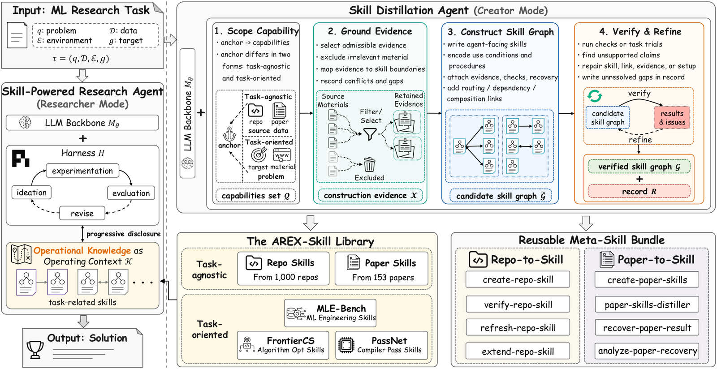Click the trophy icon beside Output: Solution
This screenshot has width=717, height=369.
[x=35, y=350]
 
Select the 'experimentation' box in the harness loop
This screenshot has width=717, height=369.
[x=82, y=171]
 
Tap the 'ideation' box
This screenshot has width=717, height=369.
[x=31, y=193]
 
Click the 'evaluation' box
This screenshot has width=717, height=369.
[x=131, y=193]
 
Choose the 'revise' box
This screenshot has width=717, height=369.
[x=82, y=213]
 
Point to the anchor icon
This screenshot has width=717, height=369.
[x=229, y=134]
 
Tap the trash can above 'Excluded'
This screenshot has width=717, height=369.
[x=369, y=165]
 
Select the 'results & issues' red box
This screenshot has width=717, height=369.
[x=672, y=118]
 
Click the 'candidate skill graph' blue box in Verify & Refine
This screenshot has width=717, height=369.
[x=607, y=118]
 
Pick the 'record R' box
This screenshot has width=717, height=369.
[x=639, y=191]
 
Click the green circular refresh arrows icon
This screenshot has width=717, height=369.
[x=594, y=95]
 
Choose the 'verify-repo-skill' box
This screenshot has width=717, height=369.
[x=518, y=305]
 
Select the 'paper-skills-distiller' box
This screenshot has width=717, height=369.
[x=647, y=305]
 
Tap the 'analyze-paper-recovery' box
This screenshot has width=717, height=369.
[x=647, y=351]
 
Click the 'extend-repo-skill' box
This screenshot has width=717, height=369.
[x=518, y=351]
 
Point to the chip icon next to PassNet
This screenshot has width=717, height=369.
[x=346, y=345]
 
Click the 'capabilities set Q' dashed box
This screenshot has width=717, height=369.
[x=255, y=195]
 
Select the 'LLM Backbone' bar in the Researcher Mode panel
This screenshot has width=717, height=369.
[x=82, y=123]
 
